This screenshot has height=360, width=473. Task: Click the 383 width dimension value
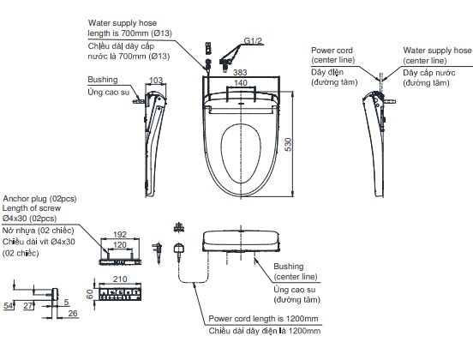tap(240, 72)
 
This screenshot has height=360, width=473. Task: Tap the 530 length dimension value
tap(289, 145)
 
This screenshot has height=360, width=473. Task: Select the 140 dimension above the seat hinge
tap(241, 82)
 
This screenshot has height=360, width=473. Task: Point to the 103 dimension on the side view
tap(156, 81)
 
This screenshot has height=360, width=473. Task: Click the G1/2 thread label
tap(253, 41)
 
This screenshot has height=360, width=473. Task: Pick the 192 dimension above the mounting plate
tap(120, 235)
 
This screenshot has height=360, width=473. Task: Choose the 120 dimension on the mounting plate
tap(120, 245)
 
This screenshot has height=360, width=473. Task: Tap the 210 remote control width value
tap(120, 279)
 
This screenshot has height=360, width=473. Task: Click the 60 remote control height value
tap(90, 294)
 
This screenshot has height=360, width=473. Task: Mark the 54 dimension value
tap(9, 306)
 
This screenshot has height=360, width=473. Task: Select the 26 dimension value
tap(73, 314)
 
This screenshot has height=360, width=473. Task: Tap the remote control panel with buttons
tap(120, 294)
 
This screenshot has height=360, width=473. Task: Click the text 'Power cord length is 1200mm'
tap(263, 319)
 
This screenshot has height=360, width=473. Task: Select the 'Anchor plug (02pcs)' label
tap(39, 199)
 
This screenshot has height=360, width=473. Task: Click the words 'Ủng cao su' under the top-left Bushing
tap(109, 92)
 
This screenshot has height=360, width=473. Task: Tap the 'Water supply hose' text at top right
tap(437, 50)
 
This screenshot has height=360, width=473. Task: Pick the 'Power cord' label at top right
tap(332, 51)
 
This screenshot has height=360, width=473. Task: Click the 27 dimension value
tap(28, 306)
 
